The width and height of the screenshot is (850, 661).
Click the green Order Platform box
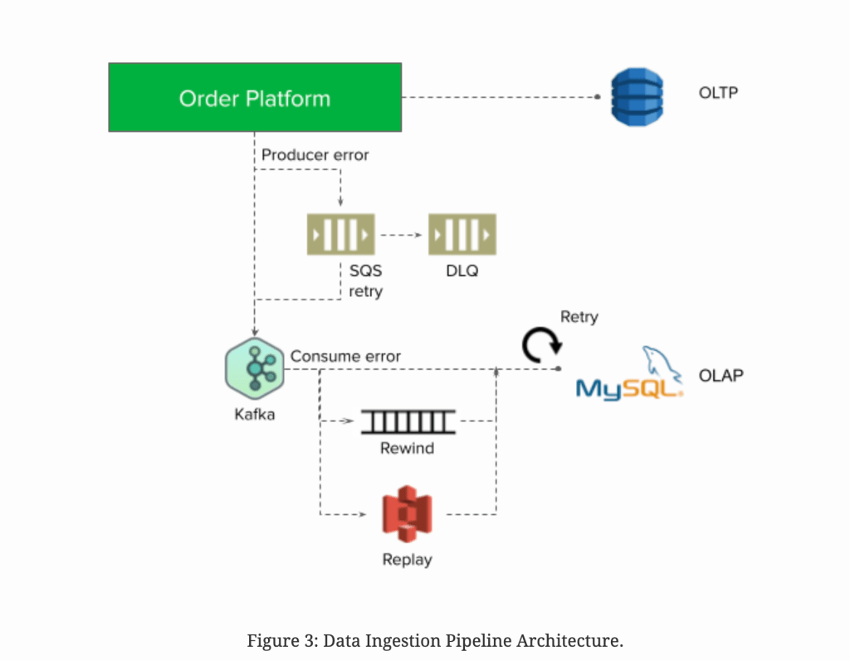[255, 99]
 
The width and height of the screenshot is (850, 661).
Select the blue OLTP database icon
[637, 97]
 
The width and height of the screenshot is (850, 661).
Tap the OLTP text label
[718, 92]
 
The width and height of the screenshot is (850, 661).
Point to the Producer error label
[315, 155]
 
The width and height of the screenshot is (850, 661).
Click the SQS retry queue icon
[340, 235]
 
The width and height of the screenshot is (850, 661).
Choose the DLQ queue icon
[462, 235]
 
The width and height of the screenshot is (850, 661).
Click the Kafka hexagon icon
[255, 369]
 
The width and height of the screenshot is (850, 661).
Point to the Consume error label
[345, 357]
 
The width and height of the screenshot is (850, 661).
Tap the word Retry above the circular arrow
[579, 317]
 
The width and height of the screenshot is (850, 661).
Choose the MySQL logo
[630, 377]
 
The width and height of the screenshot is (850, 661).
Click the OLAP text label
[721, 375]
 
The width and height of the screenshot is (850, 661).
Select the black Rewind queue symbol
[408, 422]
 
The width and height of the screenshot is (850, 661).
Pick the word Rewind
[407, 449]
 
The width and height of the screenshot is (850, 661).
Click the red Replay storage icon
[407, 514]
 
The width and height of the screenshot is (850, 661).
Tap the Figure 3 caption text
[435, 640]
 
